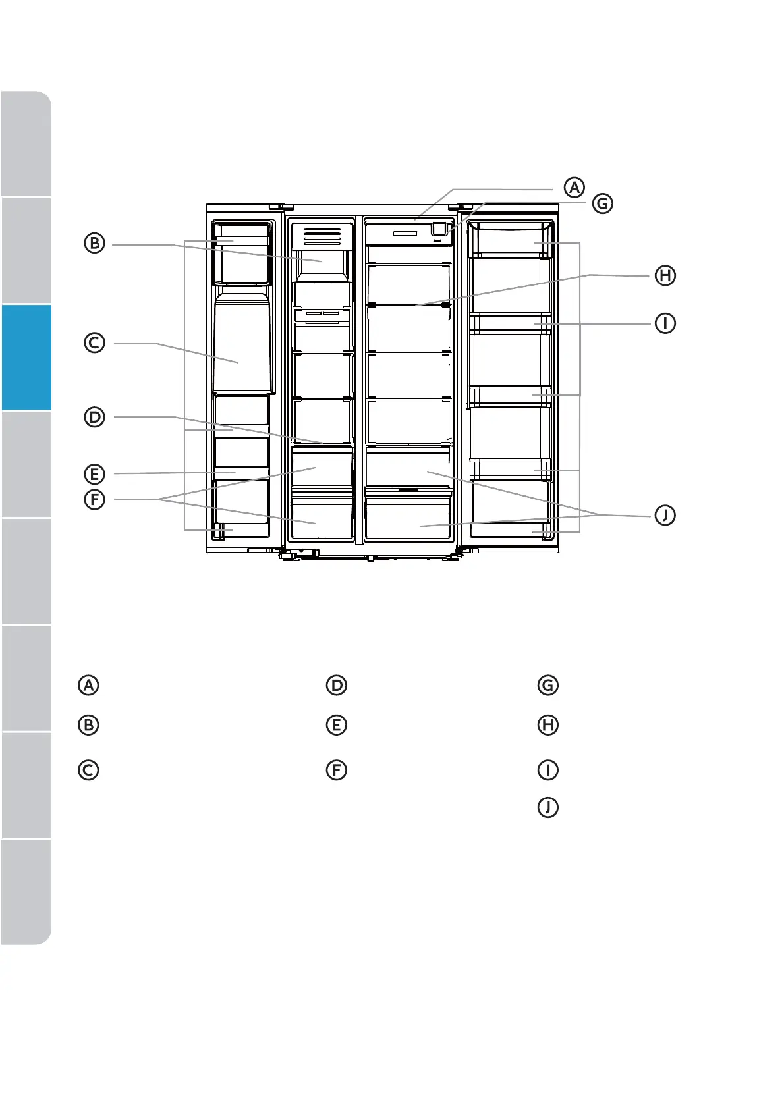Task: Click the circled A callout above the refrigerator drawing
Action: [574, 187]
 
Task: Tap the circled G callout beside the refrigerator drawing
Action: [602, 203]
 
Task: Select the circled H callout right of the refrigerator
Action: [665, 275]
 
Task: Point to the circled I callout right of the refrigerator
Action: [665, 323]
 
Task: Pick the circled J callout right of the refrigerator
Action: [665, 515]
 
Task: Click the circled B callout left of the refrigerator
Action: [95, 244]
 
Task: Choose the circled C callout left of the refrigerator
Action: [95, 343]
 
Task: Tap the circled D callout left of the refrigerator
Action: [95, 418]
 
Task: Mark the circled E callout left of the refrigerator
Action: [95, 473]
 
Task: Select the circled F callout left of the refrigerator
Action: [95, 499]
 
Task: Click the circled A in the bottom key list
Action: [88, 685]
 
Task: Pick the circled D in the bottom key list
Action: [337, 685]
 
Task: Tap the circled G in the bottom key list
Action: [548, 685]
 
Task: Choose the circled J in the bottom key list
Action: [548, 807]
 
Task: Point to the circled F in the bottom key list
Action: [337, 770]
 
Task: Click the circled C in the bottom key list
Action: [88, 770]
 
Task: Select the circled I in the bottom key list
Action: [548, 770]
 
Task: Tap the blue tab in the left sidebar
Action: [26, 357]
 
